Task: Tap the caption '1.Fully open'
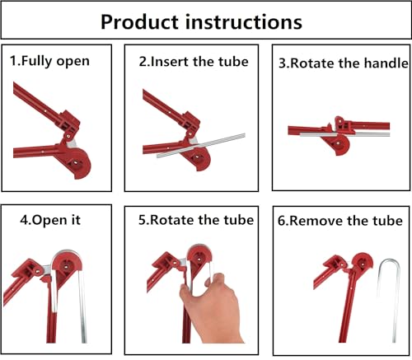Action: point(50,61)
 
